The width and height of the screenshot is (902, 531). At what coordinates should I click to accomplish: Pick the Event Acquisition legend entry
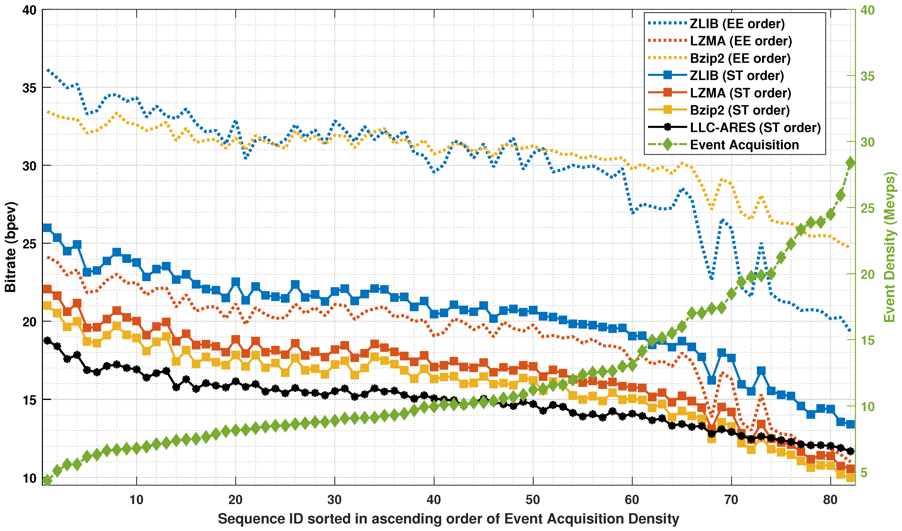[744, 145]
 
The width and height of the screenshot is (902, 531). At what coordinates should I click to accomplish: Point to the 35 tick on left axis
[29, 88]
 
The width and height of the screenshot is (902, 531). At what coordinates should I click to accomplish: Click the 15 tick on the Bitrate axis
[29, 400]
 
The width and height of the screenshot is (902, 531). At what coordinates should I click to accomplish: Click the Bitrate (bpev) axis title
[11, 247]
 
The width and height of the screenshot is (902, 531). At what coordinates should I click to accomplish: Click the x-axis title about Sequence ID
[448, 519]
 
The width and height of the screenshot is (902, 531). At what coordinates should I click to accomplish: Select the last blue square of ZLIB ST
[850, 424]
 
